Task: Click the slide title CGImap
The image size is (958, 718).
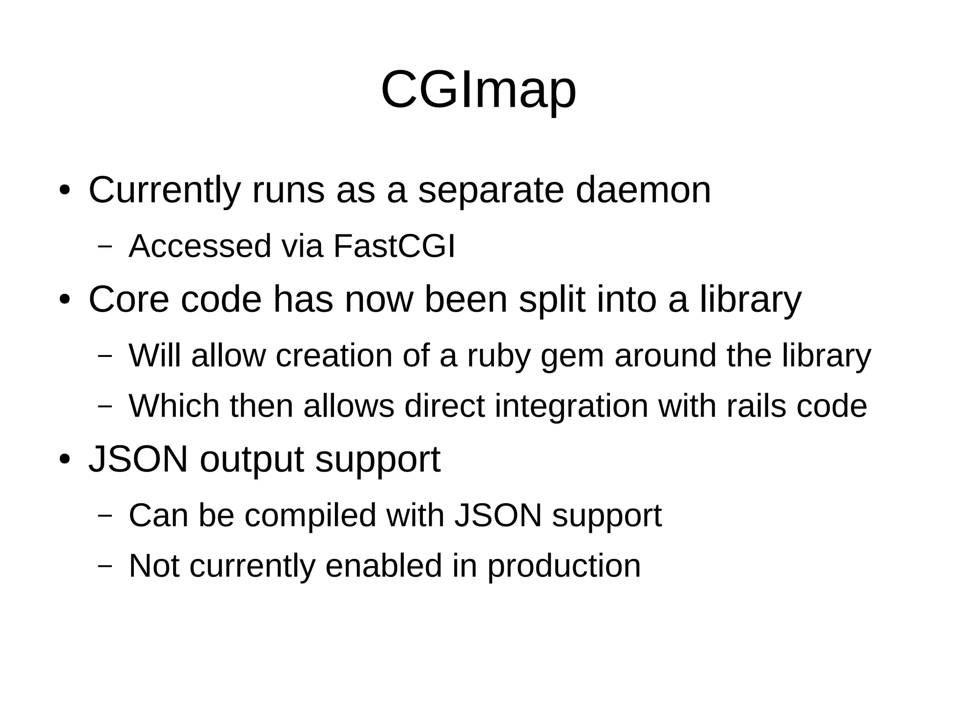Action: tap(479, 90)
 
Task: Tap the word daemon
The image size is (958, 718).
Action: tap(643, 191)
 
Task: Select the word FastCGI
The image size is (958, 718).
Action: tap(394, 247)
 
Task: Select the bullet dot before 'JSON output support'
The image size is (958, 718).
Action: tap(65, 459)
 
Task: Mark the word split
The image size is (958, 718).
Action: tap(552, 301)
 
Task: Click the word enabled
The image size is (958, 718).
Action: tap(384, 566)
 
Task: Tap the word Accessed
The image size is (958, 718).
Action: tap(200, 247)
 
